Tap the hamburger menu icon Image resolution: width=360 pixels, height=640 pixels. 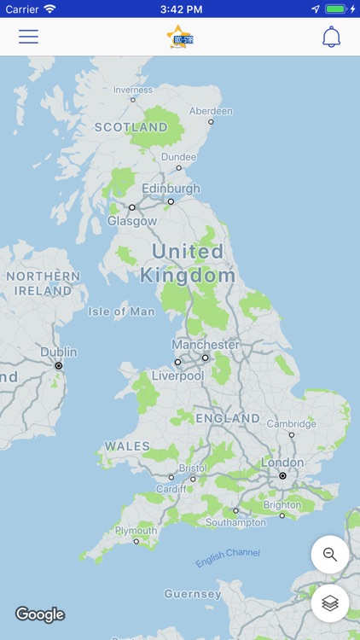28,37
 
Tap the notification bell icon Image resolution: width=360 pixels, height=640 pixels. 331,37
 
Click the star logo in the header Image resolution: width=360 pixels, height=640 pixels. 180,37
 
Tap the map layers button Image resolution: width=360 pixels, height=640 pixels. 330,603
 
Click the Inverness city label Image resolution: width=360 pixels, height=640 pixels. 133,90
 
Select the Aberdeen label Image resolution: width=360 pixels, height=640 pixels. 211,111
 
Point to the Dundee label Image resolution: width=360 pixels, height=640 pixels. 178,157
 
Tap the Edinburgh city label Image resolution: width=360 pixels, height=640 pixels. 171,189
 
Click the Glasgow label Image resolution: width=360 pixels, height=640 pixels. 132,220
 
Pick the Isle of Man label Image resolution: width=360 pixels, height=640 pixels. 121,311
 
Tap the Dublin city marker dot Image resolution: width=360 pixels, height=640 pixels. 59,365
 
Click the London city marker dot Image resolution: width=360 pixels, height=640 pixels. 282,475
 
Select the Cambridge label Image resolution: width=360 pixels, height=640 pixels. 291,423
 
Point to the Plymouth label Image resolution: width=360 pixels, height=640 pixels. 136,530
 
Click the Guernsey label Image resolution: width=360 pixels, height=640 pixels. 193,593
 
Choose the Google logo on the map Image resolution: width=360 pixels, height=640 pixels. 40,614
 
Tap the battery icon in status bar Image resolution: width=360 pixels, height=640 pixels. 336,9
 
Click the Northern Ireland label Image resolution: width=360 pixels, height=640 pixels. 43,283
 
